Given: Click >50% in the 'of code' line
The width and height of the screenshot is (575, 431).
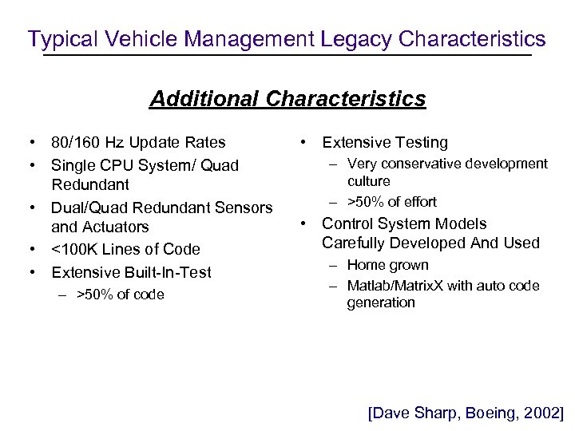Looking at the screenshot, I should point(93,295).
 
